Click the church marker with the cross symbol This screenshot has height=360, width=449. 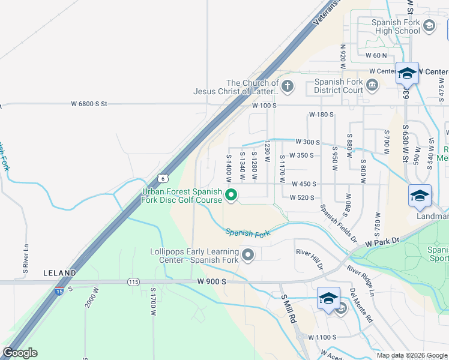(288, 86)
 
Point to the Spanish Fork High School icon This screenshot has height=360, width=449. (429, 25)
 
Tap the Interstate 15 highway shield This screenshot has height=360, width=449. (59, 291)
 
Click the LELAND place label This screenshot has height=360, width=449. (59, 273)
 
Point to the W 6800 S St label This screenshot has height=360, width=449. (89, 104)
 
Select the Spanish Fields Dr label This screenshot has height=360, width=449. (338, 223)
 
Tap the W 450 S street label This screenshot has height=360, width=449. (304, 184)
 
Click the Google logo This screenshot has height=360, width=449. (20, 353)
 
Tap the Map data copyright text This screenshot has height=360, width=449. (411, 355)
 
